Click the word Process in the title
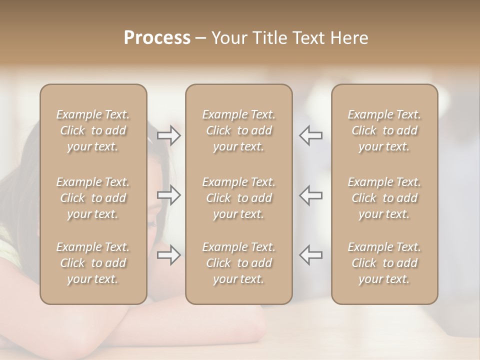[x=157, y=38]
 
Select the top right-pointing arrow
[x=168, y=135]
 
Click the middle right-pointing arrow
[x=168, y=195]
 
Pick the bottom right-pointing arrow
[x=168, y=254]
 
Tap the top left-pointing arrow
[x=310, y=135]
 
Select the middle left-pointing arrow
[x=310, y=195]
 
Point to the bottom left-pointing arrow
[x=310, y=254]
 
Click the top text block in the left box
[x=93, y=130]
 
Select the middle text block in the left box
[x=93, y=198]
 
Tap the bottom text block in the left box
[x=93, y=263]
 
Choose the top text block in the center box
[x=239, y=130]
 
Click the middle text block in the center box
[x=239, y=198]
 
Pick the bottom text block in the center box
[x=239, y=263]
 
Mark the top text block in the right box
[x=384, y=130]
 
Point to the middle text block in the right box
[x=384, y=198]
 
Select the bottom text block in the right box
[x=384, y=263]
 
